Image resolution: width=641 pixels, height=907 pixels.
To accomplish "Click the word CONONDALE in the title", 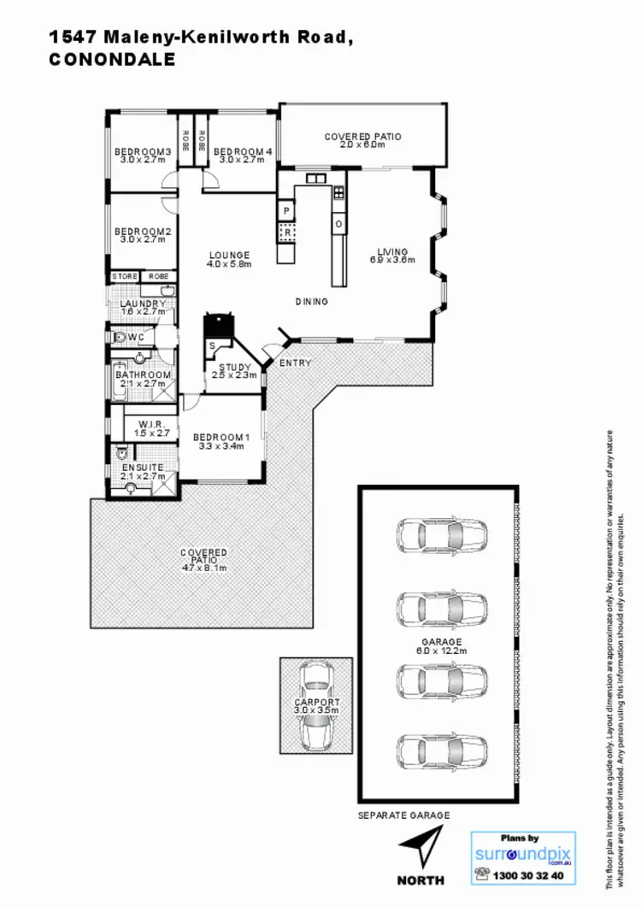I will coord(112,60).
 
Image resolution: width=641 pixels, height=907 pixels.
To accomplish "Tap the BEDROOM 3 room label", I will coord(144,153).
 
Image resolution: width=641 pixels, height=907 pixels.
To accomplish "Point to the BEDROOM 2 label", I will coord(144,232).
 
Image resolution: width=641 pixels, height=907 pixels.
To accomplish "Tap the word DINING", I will coord(312,301).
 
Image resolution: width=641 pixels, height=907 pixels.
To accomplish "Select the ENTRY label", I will coord(297,363).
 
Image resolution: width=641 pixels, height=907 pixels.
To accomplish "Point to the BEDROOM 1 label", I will coord(221,440).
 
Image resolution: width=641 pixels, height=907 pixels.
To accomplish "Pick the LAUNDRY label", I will coord(139,304).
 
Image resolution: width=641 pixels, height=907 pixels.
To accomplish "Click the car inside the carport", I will coord(316,704).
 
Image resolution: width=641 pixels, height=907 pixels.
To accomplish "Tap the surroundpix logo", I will coord(522,853).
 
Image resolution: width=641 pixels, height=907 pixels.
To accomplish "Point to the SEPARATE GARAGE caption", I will coord(403,816).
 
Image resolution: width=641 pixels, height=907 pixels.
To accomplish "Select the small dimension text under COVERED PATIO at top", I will coord(362,145).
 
